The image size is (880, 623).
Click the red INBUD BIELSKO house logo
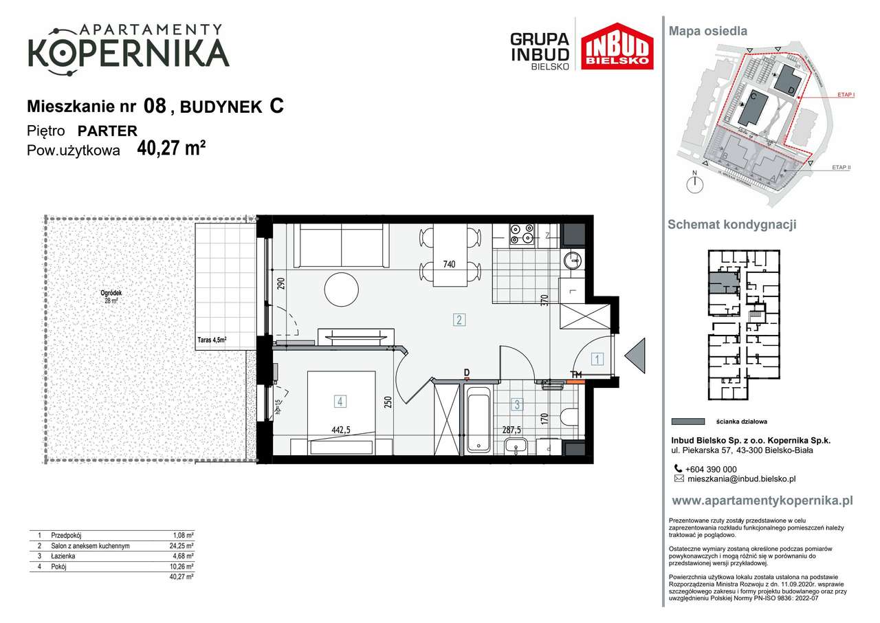click(x=617, y=46)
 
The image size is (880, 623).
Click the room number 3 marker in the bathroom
click(x=517, y=405)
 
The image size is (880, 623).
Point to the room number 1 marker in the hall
click(x=598, y=358)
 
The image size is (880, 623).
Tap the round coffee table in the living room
click(x=342, y=289)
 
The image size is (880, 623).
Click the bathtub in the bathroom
click(x=478, y=419)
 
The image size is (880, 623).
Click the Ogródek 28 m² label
click(x=112, y=296)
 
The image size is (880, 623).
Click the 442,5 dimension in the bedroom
click(x=342, y=430)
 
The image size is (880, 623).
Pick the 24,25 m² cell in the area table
click(x=183, y=546)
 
